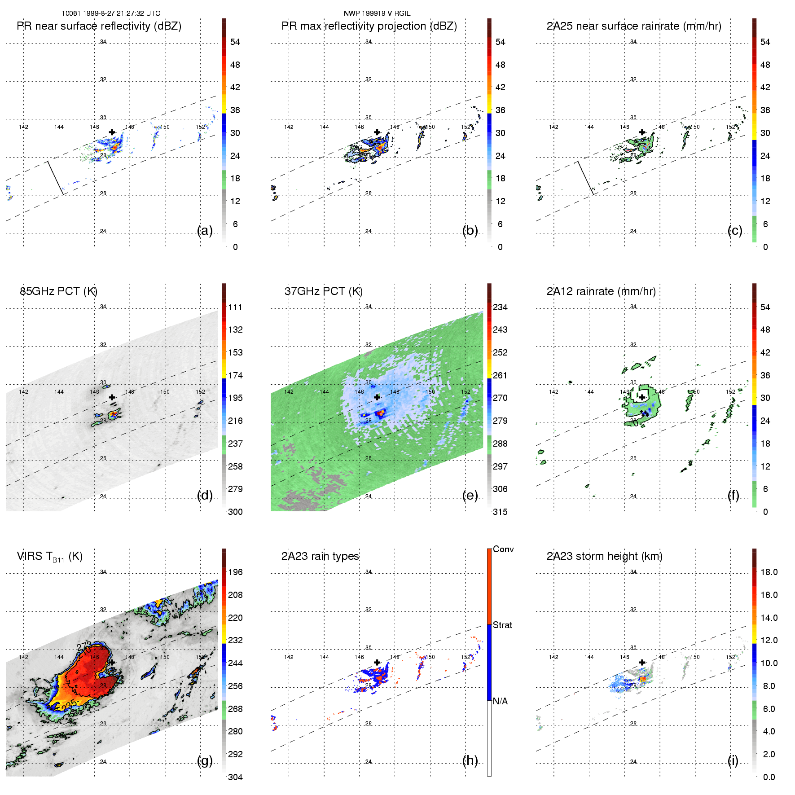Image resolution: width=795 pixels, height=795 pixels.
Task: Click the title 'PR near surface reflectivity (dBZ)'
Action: pos(99,26)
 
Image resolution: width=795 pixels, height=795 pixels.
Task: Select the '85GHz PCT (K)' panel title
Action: pos(58,291)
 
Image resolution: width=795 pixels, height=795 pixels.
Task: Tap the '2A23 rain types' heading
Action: pos(320,556)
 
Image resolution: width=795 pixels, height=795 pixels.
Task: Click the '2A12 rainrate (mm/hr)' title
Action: pos(601,291)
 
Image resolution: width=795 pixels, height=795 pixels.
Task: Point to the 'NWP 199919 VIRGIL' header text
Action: pos(377,13)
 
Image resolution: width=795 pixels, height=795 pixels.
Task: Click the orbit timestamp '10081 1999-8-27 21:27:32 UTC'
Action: pos(111,13)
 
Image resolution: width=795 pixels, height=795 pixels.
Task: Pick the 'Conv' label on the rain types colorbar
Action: pos(503,549)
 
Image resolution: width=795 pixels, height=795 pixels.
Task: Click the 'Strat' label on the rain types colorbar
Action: pos(502,625)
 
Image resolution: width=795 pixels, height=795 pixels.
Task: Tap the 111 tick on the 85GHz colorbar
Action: pos(235,307)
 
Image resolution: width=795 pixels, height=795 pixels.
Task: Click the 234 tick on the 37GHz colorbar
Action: pos(500,307)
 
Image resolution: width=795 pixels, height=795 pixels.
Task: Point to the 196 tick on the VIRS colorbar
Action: pos(235,572)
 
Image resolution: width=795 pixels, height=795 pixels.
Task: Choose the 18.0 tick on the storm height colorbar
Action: pos(769,572)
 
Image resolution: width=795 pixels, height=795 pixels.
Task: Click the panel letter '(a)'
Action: pos(205,230)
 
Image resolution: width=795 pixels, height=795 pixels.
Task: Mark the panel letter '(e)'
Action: pos(470,495)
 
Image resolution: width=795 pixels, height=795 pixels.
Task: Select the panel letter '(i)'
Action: pos(733,760)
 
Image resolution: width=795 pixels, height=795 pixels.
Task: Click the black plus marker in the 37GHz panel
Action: pos(377,397)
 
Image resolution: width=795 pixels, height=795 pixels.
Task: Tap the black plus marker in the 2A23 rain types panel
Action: pos(377,662)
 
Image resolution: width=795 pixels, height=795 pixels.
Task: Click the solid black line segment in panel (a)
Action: pos(56,178)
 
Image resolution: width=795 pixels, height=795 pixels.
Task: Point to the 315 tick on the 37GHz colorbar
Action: pos(500,512)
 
